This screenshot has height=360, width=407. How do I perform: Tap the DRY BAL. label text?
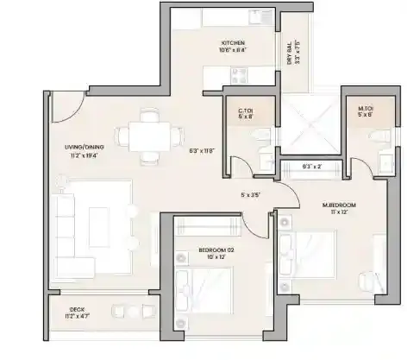pos(291,53)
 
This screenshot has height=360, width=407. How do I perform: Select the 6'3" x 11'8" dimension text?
pos(203,150)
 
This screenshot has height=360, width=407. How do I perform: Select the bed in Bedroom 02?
pos(204,290)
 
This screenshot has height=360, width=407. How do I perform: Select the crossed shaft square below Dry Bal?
pos(307,124)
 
